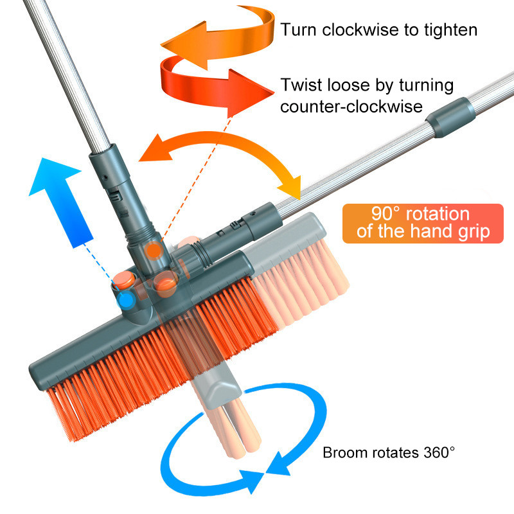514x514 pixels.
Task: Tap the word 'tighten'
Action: click(450, 30)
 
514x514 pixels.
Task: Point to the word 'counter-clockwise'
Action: click(351, 107)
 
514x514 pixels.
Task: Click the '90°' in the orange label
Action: click(385, 213)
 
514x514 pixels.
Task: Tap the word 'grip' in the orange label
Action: click(474, 232)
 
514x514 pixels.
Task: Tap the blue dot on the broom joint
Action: click(125, 299)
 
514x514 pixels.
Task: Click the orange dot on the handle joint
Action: click(154, 251)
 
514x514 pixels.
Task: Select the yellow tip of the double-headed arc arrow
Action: click(290, 188)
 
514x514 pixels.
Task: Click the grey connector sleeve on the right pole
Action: click(451, 117)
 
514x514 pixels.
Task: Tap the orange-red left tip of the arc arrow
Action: click(155, 148)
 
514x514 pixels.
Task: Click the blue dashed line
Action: click(101, 267)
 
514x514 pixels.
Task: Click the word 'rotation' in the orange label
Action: click(438, 214)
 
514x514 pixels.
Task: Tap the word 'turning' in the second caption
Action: click(426, 86)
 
